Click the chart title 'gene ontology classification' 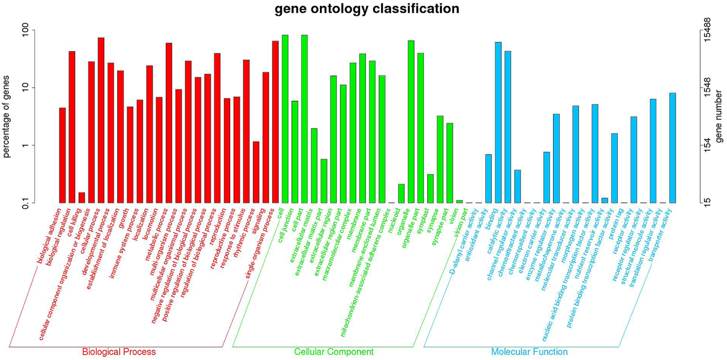pos(367,9)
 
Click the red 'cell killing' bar pos(82,198)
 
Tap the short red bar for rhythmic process pos(256,172)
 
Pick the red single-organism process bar pos(275,122)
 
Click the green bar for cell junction pos(295,152)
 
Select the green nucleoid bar pos(401,194)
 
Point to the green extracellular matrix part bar pos(324,181)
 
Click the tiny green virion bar pos(460,201)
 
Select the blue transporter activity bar pos(672,148)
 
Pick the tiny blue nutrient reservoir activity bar pos(605,201)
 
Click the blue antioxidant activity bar pos(488,179)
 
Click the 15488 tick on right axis pos(707,30)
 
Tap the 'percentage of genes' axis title pos(6,116)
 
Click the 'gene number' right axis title pos(718,116)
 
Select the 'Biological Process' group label pos(119,352)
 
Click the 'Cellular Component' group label pos(334,352)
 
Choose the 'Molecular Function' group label pos(529,352)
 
